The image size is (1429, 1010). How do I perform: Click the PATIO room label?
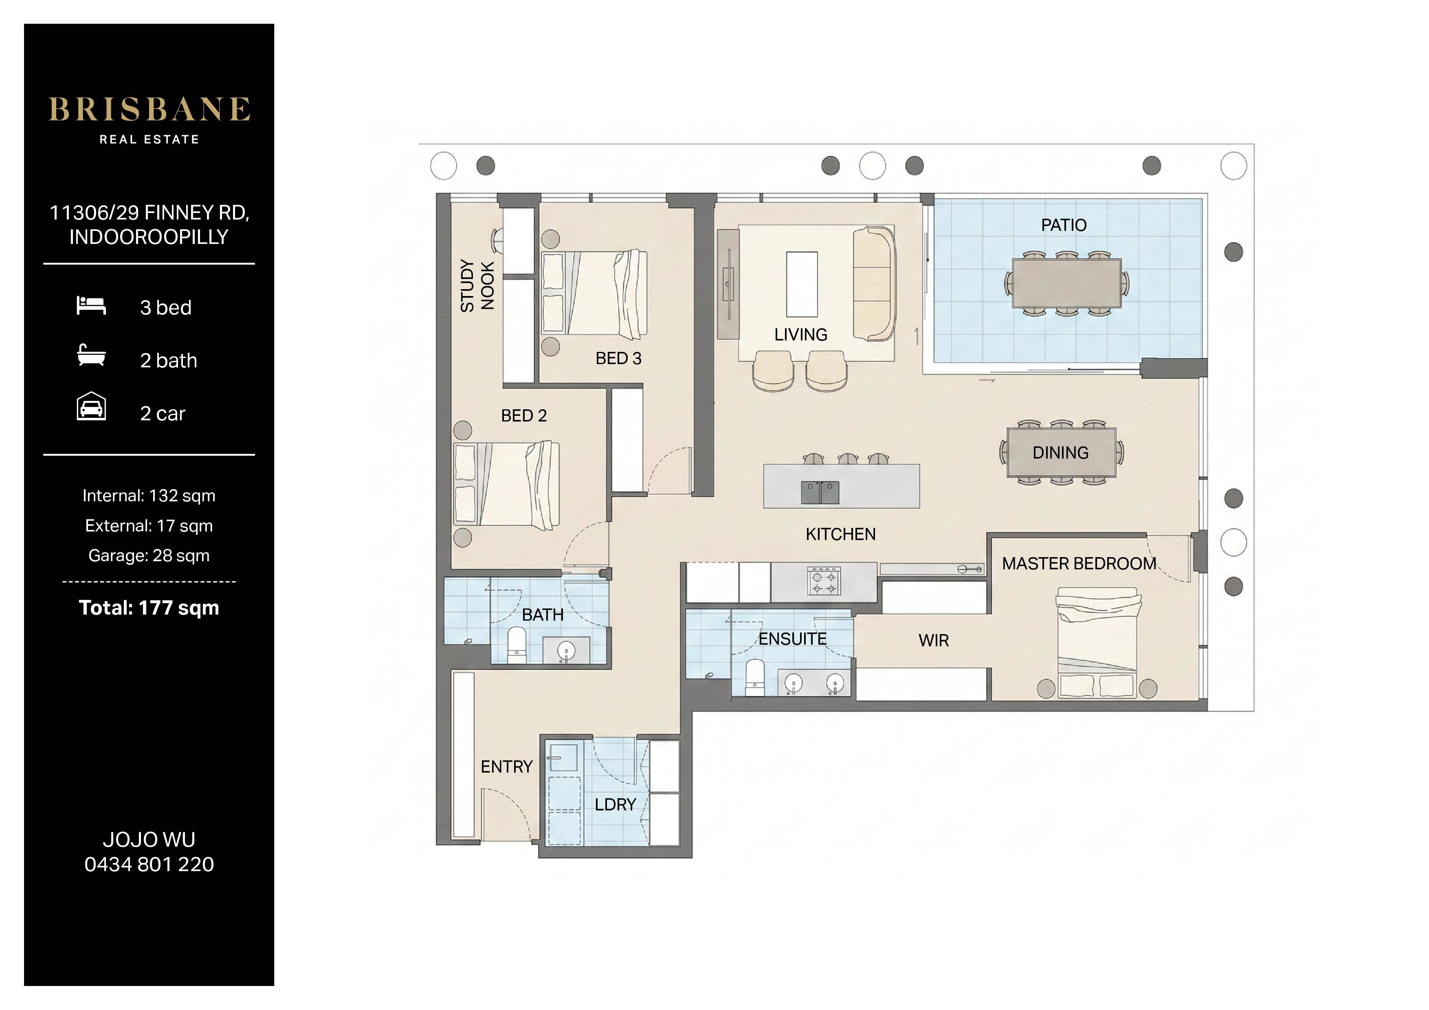[1064, 225]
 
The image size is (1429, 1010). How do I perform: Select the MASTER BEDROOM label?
[1079, 564]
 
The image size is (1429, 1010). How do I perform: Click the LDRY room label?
[615, 805]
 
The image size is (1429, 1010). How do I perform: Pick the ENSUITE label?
[792, 639]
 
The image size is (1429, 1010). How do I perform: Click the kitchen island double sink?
[820, 492]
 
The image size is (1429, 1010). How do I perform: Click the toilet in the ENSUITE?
[754, 678]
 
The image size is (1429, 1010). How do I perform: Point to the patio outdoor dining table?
[1067, 283]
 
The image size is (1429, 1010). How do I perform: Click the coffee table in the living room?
[802, 284]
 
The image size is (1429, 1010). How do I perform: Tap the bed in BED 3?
[594, 295]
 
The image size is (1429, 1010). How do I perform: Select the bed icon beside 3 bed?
[91, 305]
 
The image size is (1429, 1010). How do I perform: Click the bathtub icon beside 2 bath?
[91, 356]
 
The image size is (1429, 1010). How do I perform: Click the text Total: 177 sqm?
[149, 608]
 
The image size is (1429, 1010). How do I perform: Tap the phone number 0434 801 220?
[149, 864]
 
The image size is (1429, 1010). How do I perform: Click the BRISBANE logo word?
[149, 110]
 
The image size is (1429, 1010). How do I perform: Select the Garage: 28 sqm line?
[149, 556]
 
